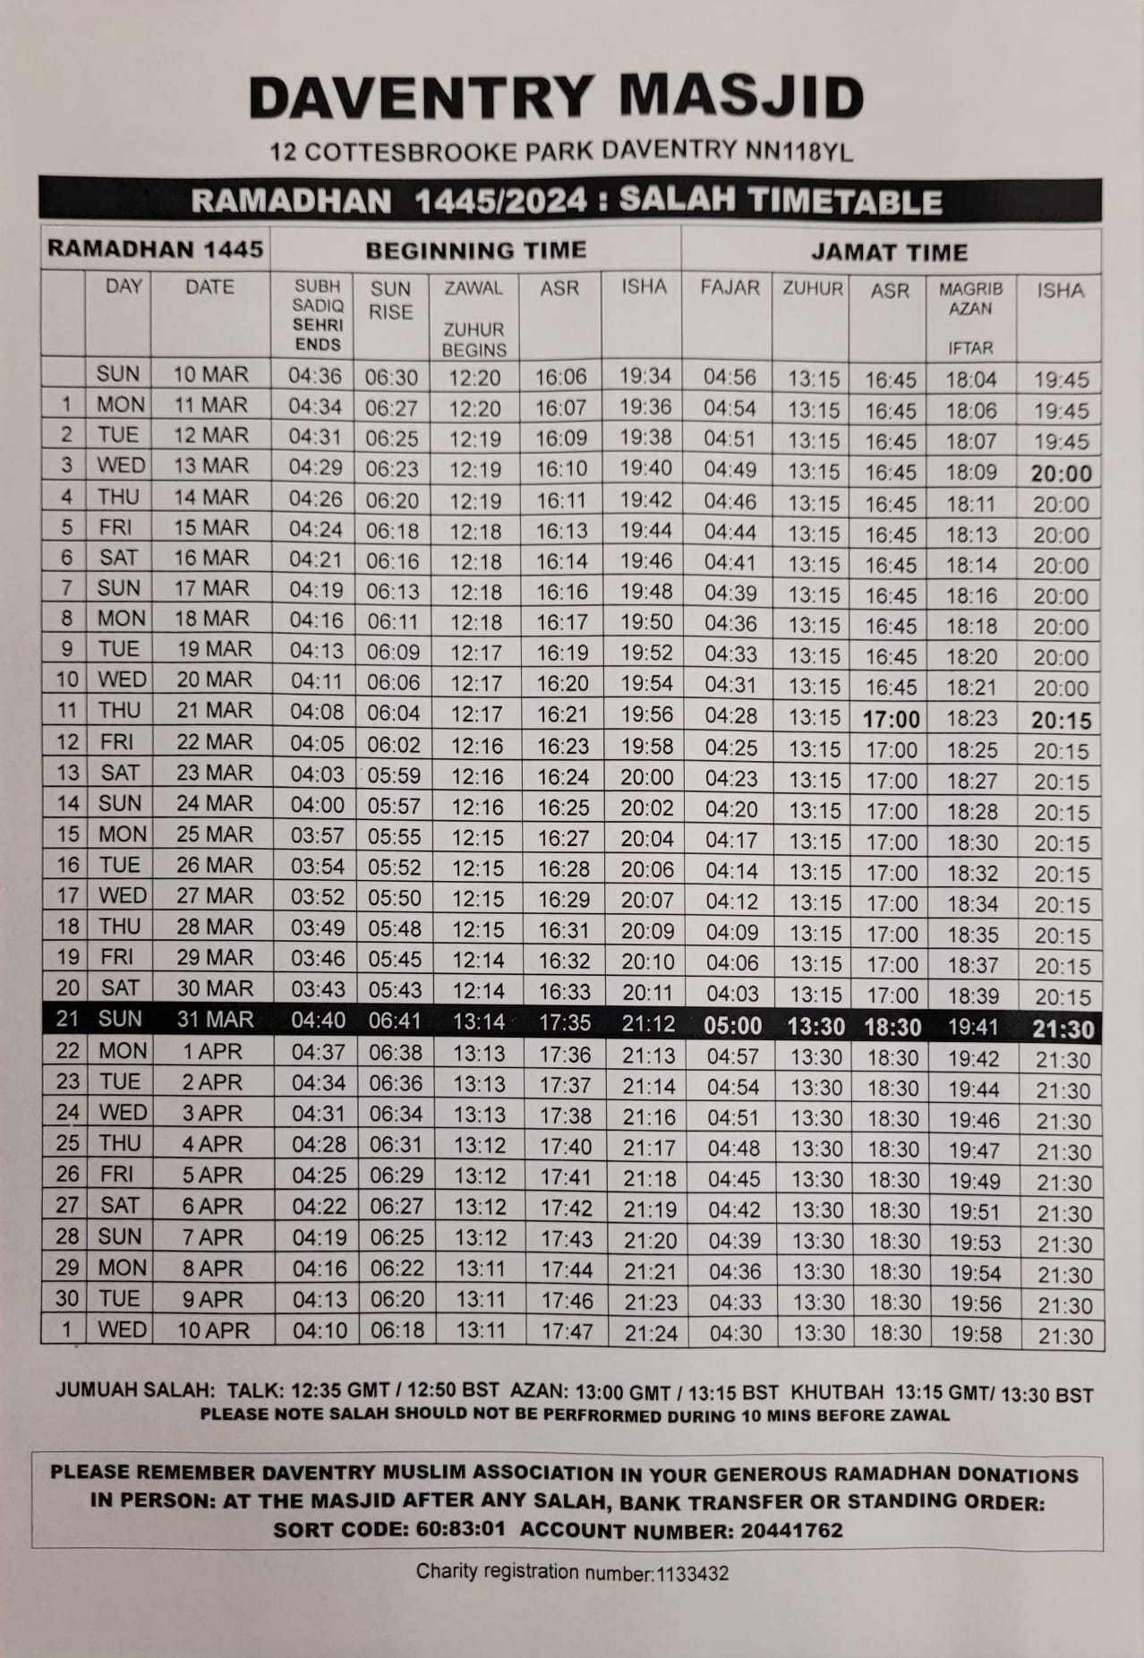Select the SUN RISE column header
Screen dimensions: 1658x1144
pyautogui.click(x=391, y=301)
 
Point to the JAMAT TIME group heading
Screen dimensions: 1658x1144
pyautogui.click(x=889, y=252)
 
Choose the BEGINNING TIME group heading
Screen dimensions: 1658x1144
pyautogui.click(x=475, y=250)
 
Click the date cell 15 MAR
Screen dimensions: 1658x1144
pyautogui.click(x=210, y=527)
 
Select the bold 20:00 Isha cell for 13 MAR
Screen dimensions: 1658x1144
pyautogui.click(x=1061, y=474)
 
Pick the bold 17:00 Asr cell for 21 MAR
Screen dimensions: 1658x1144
pyautogui.click(x=891, y=720)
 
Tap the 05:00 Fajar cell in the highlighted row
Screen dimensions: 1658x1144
pyautogui.click(x=733, y=1026)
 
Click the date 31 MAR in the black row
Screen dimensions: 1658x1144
pyautogui.click(x=215, y=1020)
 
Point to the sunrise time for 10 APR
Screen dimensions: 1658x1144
pyautogui.click(x=397, y=1330)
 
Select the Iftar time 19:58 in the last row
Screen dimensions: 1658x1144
pyautogui.click(x=976, y=1335)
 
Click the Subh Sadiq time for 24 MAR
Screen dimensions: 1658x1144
pyautogui.click(x=317, y=805)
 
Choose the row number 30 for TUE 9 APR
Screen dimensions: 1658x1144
pyautogui.click(x=67, y=1299)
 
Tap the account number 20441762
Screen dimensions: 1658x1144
pyautogui.click(x=791, y=1530)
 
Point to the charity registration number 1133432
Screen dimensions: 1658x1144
pyautogui.click(x=692, y=1573)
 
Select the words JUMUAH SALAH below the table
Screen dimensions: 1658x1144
pyautogui.click(x=134, y=1392)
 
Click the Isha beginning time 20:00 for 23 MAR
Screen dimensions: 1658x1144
pyautogui.click(x=646, y=777)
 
